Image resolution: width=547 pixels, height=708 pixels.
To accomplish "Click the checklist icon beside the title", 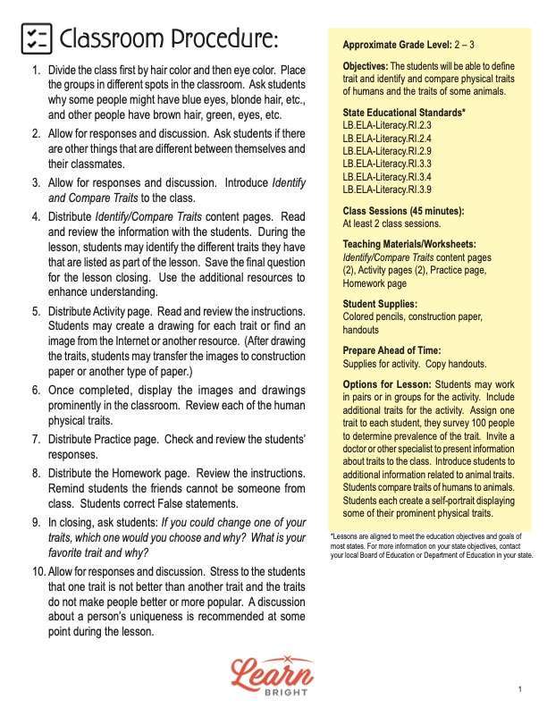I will coord(36,38).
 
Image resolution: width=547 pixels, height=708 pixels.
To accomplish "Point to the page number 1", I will coord(519,689).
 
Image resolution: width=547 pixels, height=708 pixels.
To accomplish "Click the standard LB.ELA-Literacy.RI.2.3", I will coord(387,126).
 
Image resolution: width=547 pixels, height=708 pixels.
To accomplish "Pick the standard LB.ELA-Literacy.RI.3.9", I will coord(387,189).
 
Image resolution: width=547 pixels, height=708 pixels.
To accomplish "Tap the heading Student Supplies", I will coord(381,304).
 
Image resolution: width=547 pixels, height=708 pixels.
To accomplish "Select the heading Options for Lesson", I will coord(386,383).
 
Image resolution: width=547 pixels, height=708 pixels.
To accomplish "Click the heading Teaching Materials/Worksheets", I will coord(408,243).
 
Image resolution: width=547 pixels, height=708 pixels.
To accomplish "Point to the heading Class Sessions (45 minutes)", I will coord(403,211).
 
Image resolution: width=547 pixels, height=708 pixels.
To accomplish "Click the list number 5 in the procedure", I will coord(37,311).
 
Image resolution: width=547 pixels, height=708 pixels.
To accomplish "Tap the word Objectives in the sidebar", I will coord(365,67).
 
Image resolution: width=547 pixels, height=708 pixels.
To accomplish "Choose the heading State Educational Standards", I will coord(403,113).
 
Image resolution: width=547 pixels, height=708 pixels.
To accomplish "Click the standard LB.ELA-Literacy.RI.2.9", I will coord(387,151).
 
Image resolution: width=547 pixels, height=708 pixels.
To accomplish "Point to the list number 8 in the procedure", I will coord(37,473).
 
